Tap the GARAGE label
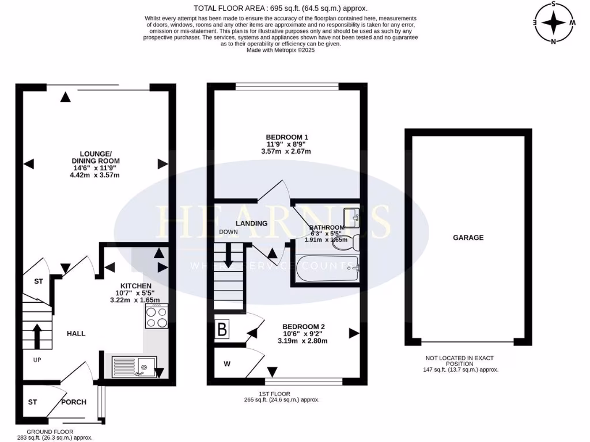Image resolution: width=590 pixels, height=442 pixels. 468,237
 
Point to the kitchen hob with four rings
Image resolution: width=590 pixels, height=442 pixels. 157,317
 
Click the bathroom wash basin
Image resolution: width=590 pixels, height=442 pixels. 351,217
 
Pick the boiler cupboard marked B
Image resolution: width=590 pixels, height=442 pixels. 222,330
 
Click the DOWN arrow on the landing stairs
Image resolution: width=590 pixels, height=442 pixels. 229,256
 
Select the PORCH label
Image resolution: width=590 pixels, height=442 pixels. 73,402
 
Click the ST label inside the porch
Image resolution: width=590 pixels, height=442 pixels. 33,402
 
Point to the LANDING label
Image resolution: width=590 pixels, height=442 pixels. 252,223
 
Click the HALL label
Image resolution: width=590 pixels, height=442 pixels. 76,333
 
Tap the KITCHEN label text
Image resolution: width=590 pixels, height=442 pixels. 135,286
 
